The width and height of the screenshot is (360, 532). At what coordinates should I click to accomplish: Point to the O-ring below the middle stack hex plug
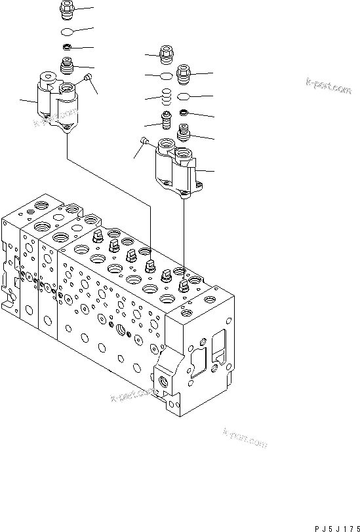click(x=167, y=77)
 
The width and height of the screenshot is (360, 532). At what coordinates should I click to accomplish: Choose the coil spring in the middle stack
click(x=167, y=98)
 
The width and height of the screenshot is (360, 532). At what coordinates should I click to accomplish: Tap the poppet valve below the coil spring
click(x=167, y=122)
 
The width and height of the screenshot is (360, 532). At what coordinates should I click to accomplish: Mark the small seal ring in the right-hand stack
click(x=184, y=113)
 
